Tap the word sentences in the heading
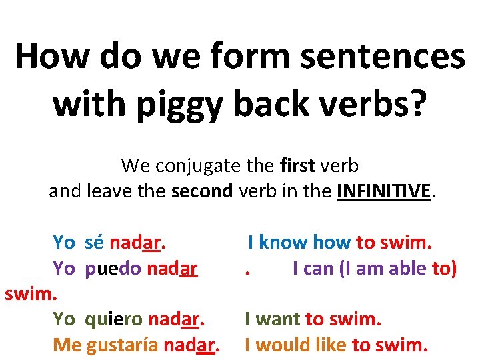tap(385, 56)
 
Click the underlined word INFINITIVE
tap(385, 191)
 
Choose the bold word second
tap(202, 191)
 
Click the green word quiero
tap(113, 319)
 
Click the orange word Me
tap(66, 345)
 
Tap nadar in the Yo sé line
tap(137, 243)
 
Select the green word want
tap(279, 319)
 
